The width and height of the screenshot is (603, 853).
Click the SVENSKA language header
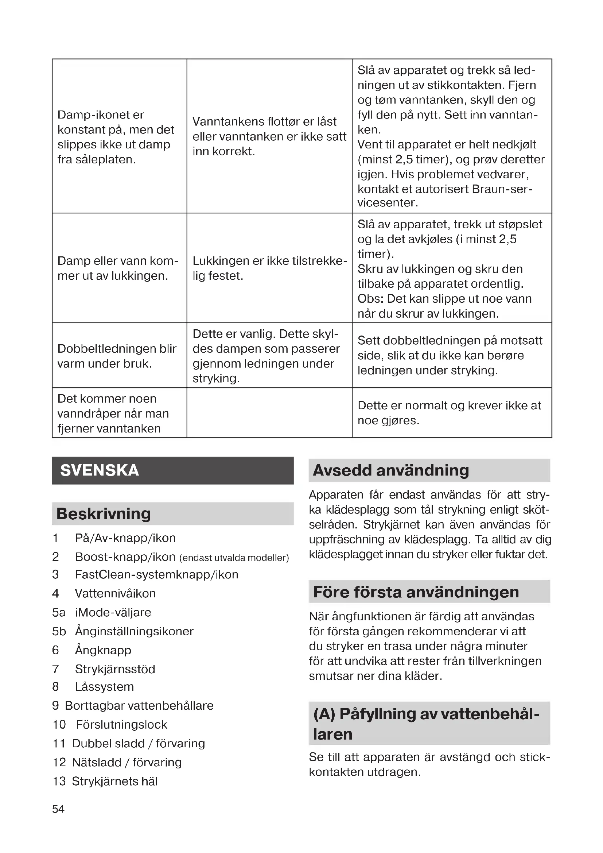100,470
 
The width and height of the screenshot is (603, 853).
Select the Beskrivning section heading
104,514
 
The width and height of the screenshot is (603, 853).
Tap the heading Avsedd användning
390,470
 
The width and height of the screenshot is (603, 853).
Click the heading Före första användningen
416,592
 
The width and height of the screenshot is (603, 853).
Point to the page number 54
58,809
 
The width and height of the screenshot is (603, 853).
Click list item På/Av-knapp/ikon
125,538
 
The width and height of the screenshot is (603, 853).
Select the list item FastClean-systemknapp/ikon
156,574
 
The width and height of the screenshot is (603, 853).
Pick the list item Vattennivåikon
115,593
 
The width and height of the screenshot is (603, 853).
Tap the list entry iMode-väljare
113,612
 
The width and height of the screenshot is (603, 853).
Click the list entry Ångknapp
103,650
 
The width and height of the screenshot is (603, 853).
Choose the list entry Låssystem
104,687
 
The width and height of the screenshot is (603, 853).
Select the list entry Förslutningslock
121,725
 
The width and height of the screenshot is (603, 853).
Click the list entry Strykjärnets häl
115,781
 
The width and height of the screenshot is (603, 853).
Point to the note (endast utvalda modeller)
234,558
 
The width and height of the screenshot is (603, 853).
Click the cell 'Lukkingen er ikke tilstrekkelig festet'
269,268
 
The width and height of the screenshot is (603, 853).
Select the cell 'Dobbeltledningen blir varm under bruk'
117,356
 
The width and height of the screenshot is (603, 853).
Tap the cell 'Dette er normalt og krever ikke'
449,413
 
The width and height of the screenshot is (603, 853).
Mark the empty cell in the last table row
269,413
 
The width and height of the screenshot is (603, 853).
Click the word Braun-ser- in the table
502,189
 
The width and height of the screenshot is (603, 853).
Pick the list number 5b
59,631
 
